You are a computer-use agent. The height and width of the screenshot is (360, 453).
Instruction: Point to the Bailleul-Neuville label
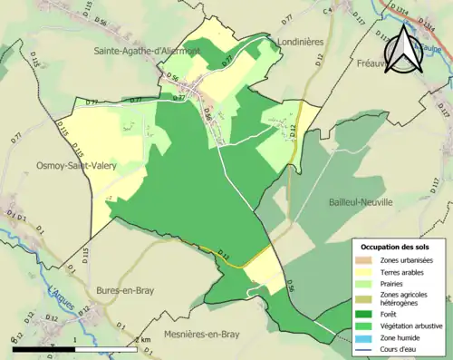pyautogui.click(x=351, y=206)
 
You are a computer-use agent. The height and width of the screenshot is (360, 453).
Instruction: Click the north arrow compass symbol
pyautogui.click(x=401, y=50)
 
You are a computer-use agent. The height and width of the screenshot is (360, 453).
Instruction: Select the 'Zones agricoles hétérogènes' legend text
pyautogui.click(x=404, y=302)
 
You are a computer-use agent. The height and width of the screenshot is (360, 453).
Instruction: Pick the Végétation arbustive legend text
pyautogui.click(x=410, y=329)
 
